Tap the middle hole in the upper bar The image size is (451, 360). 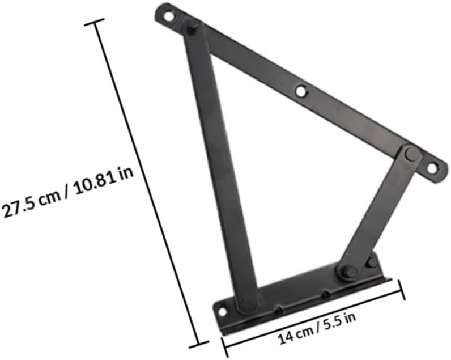coord(301,91)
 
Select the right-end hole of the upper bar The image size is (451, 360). coord(432,168)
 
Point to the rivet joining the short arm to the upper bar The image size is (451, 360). coord(412,153)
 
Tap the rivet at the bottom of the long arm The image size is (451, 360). coord(248,304)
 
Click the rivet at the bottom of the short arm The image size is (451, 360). coord(348,272)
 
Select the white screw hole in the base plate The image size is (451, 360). coord(222,311)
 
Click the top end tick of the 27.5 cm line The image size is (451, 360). coord(94,22)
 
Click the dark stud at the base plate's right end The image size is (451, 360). coord(371,262)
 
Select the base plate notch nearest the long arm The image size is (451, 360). coord(278,310)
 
